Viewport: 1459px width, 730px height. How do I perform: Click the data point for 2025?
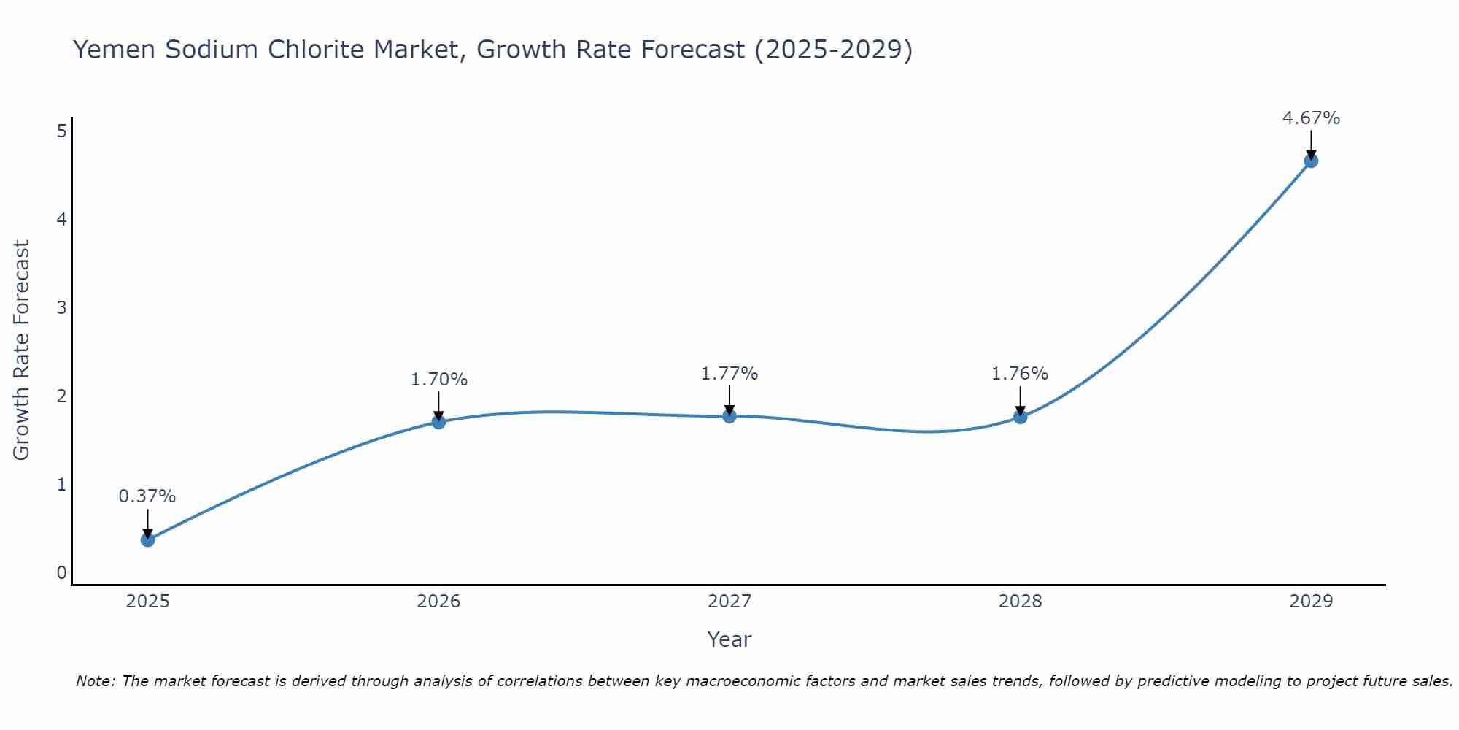click(147, 539)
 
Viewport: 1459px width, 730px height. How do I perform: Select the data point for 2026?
click(438, 422)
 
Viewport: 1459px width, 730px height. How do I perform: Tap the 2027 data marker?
click(729, 416)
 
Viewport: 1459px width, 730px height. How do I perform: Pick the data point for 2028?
click(1020, 417)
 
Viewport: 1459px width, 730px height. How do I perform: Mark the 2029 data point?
click(1311, 161)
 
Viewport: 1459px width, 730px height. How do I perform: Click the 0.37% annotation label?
click(147, 496)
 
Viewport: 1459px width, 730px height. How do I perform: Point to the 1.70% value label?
click(438, 380)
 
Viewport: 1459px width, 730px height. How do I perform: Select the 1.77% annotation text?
click(729, 374)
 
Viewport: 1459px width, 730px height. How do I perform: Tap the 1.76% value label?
click(1020, 374)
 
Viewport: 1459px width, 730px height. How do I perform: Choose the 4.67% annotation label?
click(1311, 118)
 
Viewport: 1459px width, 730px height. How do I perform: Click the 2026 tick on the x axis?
click(438, 602)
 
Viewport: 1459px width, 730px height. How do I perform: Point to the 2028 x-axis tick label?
click(1020, 602)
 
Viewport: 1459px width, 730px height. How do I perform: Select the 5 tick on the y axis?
click(62, 131)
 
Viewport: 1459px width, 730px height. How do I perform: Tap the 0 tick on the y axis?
click(62, 573)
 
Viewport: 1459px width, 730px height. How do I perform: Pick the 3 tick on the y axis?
click(62, 307)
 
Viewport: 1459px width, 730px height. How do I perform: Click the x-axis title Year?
click(729, 639)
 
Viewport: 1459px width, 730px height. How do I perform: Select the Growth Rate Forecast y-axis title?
click(22, 350)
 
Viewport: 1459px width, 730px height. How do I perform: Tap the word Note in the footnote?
click(94, 681)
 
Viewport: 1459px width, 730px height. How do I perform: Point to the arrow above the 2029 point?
click(1311, 144)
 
